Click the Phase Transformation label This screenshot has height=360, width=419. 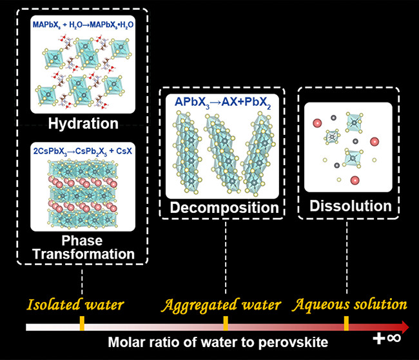(x=82, y=248)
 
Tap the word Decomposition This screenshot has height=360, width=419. (x=224, y=208)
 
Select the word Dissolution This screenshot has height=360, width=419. (x=350, y=206)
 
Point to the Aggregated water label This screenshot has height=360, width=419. (x=220, y=304)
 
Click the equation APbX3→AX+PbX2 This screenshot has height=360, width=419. (x=224, y=103)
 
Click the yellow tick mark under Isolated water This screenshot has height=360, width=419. (x=82, y=323)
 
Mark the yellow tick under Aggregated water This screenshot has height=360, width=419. (x=225, y=323)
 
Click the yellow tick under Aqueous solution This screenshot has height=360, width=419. (x=346, y=323)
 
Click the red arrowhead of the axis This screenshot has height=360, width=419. (x=404, y=326)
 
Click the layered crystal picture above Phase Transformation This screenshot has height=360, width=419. (x=82, y=193)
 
